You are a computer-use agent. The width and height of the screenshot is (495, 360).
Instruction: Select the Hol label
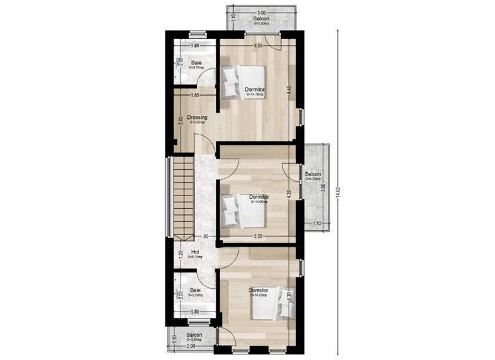pos(195,252)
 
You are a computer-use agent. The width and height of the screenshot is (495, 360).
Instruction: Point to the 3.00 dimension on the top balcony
pos(261,13)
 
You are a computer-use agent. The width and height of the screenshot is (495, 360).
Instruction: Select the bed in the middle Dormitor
pos(245,210)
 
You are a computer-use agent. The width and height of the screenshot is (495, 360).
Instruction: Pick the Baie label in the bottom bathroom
pos(196,290)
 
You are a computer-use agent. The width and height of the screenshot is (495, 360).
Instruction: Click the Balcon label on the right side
pos(313,174)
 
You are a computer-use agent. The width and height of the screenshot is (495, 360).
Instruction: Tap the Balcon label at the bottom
pos(195,335)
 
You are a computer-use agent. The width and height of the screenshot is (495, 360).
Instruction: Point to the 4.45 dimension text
pos(290,89)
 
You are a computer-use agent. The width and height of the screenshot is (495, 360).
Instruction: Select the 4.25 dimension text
pos(290,193)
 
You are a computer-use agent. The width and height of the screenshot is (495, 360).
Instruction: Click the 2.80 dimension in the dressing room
pos(180,120)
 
